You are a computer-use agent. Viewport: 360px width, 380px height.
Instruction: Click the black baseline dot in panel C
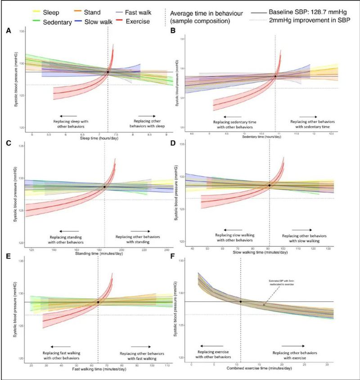104,187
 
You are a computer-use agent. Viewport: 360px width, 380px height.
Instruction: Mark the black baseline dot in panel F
241,301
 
